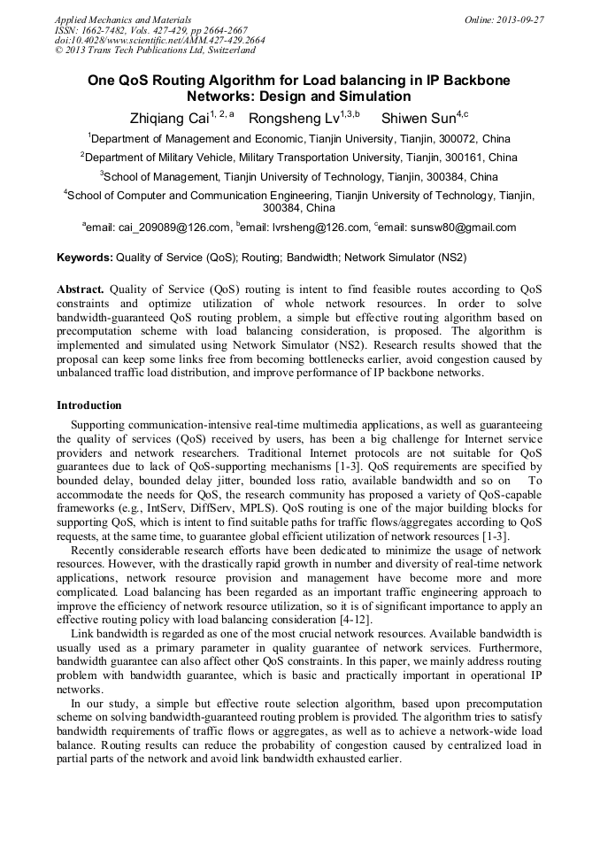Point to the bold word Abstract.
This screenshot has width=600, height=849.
pyautogui.click(x=81, y=289)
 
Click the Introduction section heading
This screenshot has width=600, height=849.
pyautogui.click(x=89, y=405)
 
